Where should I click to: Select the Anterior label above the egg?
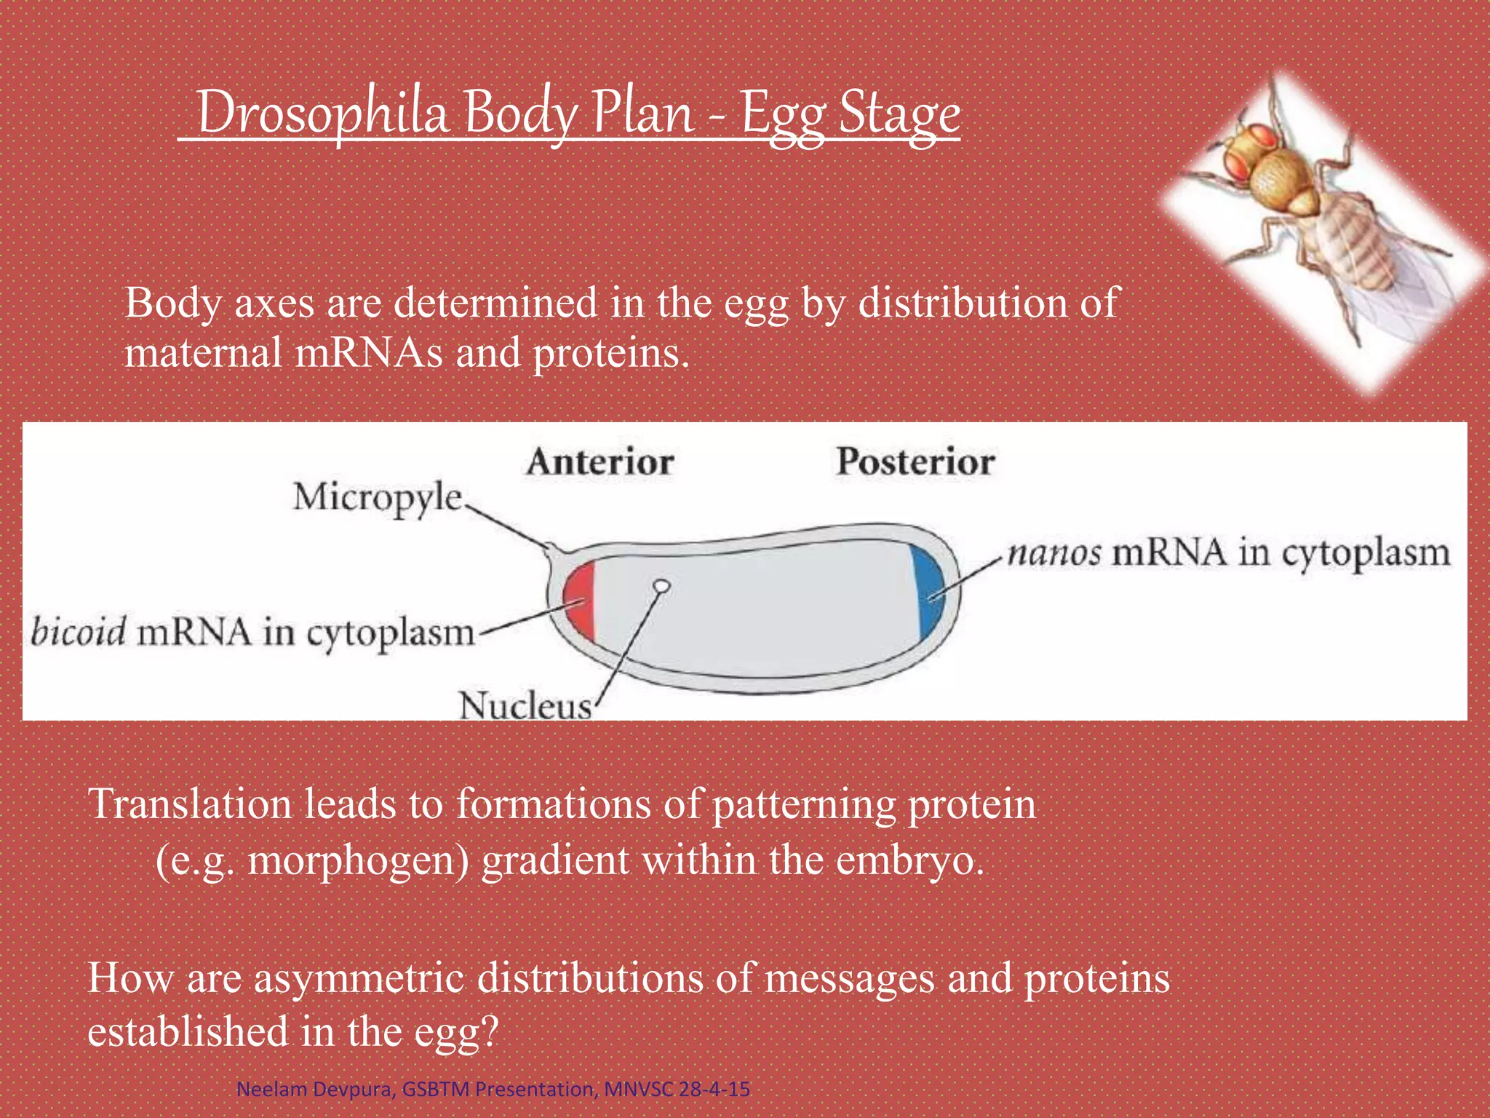[600, 462]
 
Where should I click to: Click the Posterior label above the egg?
[915, 462]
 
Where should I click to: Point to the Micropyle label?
[378, 498]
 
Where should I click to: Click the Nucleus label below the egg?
[525, 705]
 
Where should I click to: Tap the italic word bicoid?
[79, 631]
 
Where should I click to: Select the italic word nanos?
[1054, 553]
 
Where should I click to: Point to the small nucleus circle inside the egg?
[661, 585]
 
